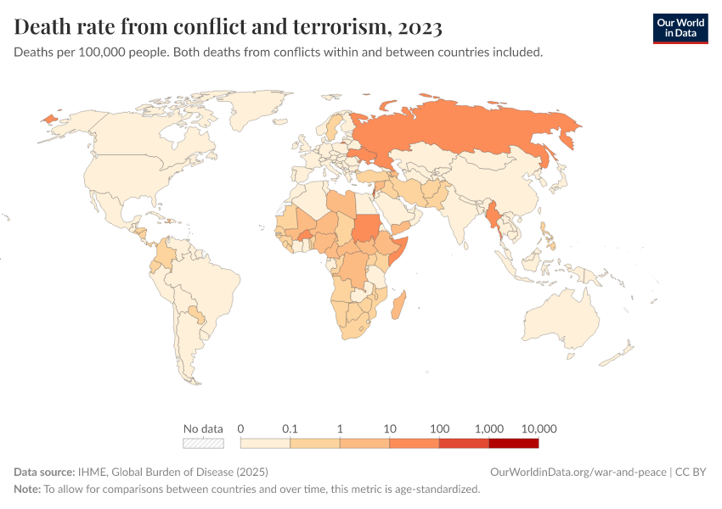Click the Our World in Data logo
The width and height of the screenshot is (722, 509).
point(680,28)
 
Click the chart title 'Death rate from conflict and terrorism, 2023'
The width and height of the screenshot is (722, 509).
point(228,27)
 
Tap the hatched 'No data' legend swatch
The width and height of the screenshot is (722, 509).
point(203,443)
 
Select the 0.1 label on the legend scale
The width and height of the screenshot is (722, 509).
point(290,428)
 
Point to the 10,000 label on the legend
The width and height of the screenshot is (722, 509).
point(539,428)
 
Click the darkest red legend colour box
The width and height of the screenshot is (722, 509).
point(514,443)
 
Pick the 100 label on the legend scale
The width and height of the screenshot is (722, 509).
point(439,428)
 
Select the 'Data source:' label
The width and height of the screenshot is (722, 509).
point(44,472)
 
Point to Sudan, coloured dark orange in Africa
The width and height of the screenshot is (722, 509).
point(366,228)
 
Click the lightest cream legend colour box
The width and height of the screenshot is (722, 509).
point(265,443)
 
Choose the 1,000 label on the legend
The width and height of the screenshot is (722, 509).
point(489,428)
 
